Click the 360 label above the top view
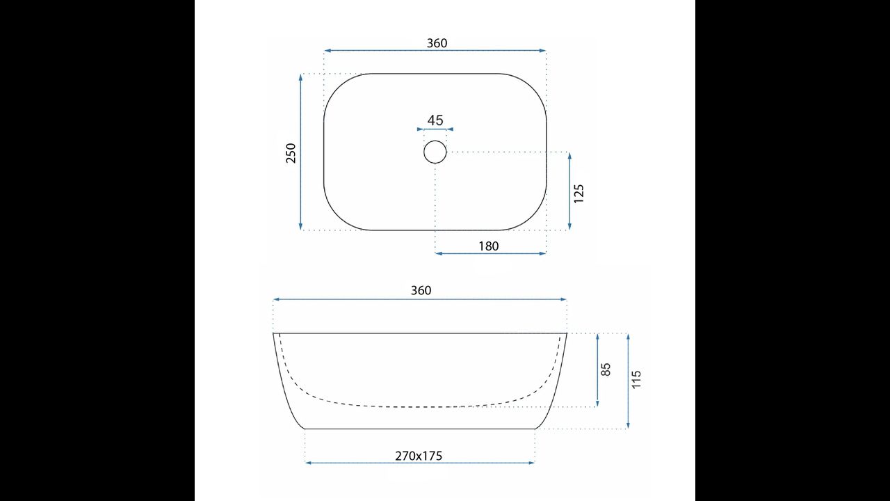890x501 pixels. [437, 43]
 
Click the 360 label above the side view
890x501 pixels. [421, 291]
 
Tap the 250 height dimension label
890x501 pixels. [291, 153]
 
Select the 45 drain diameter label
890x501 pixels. [435, 120]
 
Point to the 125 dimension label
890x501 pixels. [579, 193]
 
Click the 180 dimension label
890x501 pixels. [488, 246]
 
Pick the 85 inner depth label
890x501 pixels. [606, 369]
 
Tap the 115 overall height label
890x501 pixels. [636, 379]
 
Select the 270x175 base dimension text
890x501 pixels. [419, 456]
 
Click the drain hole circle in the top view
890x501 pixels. [435, 141]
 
